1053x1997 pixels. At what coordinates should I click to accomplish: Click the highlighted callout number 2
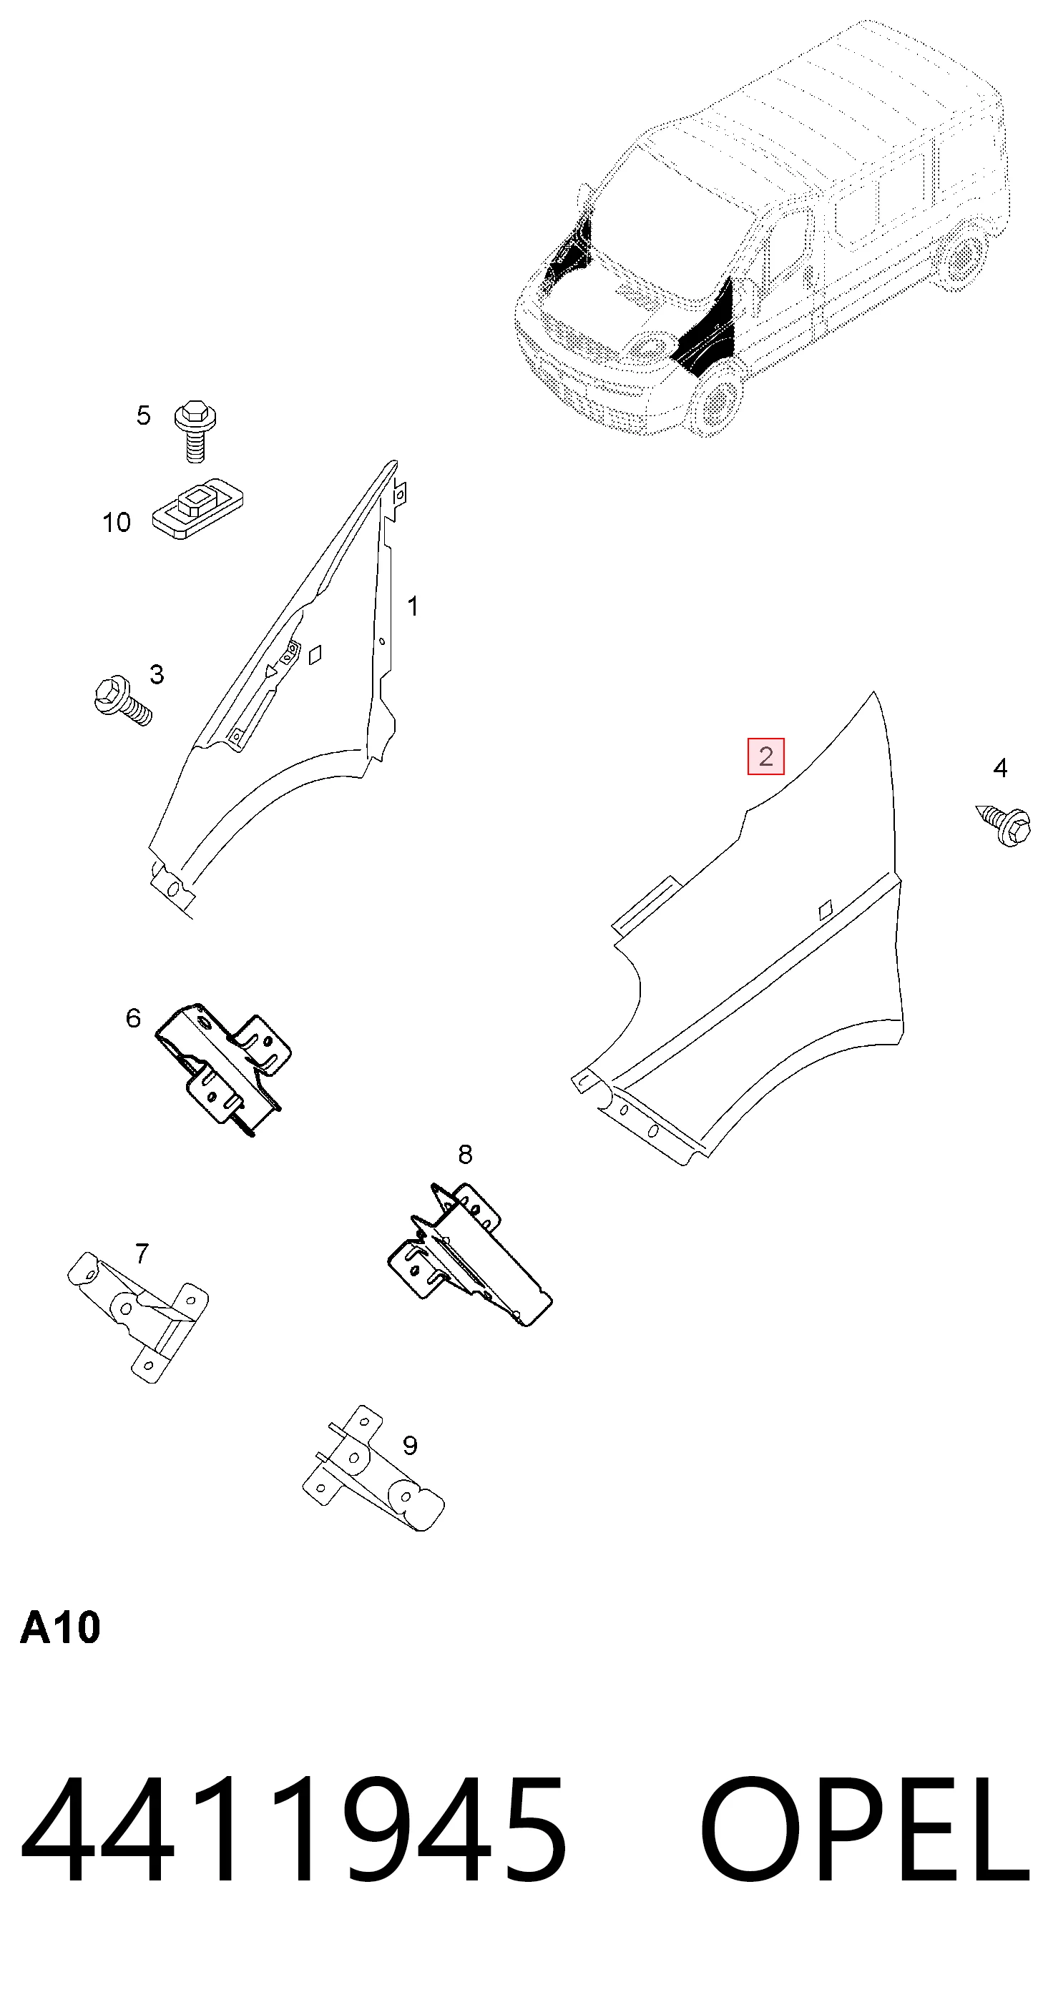[765, 756]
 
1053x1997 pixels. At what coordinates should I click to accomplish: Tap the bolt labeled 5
[195, 432]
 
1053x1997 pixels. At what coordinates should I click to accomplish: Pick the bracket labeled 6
[223, 1068]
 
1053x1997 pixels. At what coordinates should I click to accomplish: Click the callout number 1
[413, 606]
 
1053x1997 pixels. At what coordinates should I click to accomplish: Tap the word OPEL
[866, 1834]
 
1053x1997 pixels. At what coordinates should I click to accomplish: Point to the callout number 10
[117, 523]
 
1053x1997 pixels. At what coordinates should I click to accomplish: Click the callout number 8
[465, 1154]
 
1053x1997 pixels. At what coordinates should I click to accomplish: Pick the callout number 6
[133, 1018]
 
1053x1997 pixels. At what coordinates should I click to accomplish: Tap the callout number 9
[410, 1445]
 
